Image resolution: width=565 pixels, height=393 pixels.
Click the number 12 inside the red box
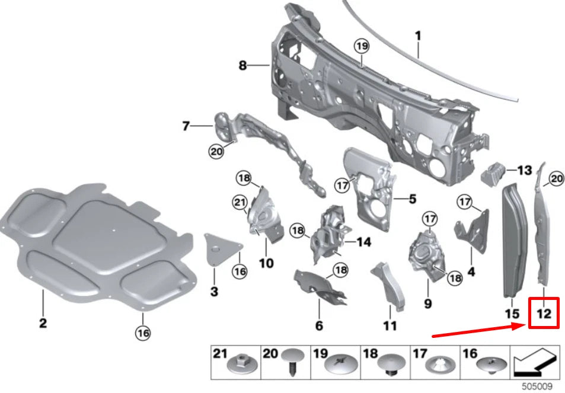pyautogui.click(x=544, y=313)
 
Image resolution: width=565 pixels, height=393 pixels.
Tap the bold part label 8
pyautogui.click(x=242, y=66)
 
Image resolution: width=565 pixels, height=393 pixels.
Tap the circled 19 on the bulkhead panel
pyautogui.click(x=362, y=46)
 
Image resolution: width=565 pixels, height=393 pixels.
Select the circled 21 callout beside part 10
pyautogui.click(x=239, y=204)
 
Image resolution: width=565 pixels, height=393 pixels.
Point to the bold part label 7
pyautogui.click(x=186, y=126)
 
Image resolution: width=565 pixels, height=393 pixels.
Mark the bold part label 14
pyautogui.click(x=363, y=241)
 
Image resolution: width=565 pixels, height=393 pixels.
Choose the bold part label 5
pyautogui.click(x=412, y=199)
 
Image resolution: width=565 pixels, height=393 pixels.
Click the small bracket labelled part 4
pyautogui.click(x=471, y=228)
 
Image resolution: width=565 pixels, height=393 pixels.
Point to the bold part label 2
pyautogui.click(x=43, y=323)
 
